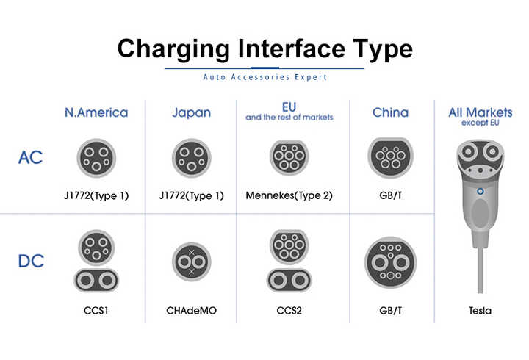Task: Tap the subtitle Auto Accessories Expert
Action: (264, 76)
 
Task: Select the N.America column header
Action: (96, 112)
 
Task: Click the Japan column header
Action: (191, 112)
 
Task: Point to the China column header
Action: (390, 112)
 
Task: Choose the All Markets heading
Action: (481, 112)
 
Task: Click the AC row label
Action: (31, 157)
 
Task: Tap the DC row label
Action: (31, 261)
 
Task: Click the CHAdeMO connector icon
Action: (192, 262)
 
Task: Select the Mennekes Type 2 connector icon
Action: (289, 157)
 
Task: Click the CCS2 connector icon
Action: (289, 261)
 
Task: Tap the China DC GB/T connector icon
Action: (390, 262)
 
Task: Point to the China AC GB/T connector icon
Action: (390, 157)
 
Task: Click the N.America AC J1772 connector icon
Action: (96, 157)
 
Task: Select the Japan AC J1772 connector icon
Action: (192, 157)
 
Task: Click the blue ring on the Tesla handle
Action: (481, 190)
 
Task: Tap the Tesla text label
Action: (481, 311)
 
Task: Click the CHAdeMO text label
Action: (192, 311)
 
